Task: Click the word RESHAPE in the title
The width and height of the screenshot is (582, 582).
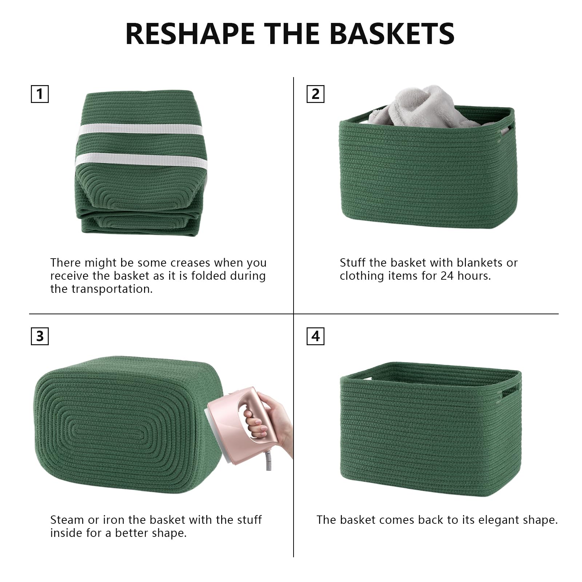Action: pyautogui.click(x=190, y=33)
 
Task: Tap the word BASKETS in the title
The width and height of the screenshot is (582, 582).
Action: pyautogui.click(x=392, y=33)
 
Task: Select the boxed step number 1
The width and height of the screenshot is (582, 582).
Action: pyautogui.click(x=40, y=94)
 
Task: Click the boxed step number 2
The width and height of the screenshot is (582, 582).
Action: pyautogui.click(x=315, y=94)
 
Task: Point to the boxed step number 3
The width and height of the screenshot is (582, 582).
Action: pyautogui.click(x=40, y=336)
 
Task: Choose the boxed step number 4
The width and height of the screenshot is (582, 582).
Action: pyautogui.click(x=315, y=336)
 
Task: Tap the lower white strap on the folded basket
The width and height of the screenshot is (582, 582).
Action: pyautogui.click(x=141, y=161)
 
